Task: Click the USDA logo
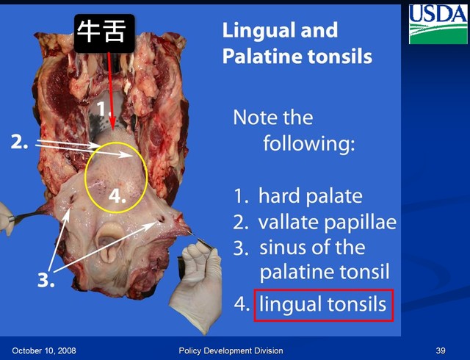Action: (x=438, y=24)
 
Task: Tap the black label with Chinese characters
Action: (x=104, y=33)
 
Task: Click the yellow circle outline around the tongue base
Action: (x=87, y=178)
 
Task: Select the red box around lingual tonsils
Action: (x=324, y=306)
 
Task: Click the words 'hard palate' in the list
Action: (x=311, y=196)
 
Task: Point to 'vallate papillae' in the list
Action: (x=328, y=223)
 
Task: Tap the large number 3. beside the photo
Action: (x=46, y=280)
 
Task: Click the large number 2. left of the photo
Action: (x=20, y=142)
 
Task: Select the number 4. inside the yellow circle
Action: (x=117, y=196)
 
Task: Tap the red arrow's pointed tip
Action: (x=113, y=130)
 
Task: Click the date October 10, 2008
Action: (x=44, y=350)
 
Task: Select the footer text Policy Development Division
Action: (x=231, y=350)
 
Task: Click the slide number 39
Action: (x=441, y=350)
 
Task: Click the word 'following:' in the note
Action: (x=309, y=143)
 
